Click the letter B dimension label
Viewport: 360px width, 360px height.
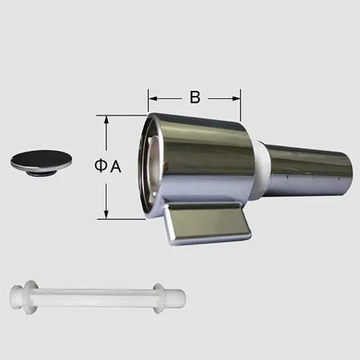[x=194, y=97]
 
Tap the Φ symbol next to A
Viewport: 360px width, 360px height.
[x=99, y=167]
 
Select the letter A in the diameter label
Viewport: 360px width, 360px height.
[x=115, y=167]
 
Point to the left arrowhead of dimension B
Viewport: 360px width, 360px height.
[x=151, y=97]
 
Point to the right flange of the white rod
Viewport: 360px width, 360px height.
[x=159, y=296]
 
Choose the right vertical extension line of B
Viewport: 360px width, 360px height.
[x=241, y=107]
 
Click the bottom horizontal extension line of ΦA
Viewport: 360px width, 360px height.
[x=123, y=217]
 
